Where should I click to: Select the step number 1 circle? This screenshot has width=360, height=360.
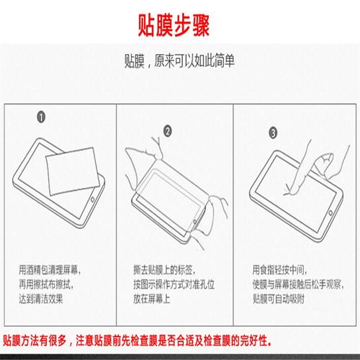(x=42, y=117)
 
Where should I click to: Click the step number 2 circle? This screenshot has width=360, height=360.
(x=168, y=131)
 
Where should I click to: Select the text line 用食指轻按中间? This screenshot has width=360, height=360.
(x=280, y=270)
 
